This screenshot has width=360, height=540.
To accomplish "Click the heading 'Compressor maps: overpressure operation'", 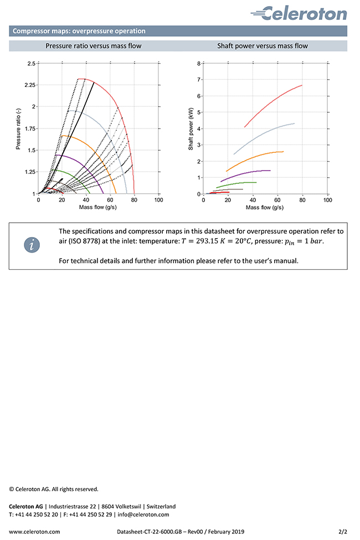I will (x=79, y=31).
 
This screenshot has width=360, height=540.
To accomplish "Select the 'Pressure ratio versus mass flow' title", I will (x=93, y=46).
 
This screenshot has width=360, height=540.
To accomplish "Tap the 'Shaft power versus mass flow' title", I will (x=262, y=46).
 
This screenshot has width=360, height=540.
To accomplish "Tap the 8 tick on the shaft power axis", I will (x=199, y=64).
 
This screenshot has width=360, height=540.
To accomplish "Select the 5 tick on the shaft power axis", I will (x=199, y=112).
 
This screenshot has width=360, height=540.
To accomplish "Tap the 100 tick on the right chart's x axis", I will (x=327, y=200).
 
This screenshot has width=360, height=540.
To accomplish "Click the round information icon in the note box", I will (x=34, y=244).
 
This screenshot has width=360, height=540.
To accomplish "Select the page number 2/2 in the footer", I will (x=343, y=531).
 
